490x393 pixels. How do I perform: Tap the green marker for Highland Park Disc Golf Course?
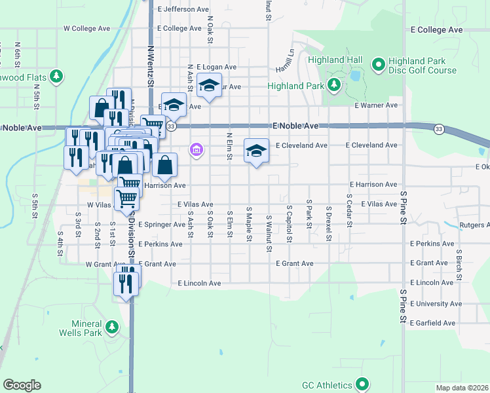point(378,64)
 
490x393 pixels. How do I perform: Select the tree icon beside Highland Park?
point(334,84)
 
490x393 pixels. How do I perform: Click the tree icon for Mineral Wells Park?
point(112,326)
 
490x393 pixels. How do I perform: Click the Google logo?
point(22,385)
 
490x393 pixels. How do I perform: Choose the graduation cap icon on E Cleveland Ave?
point(256,151)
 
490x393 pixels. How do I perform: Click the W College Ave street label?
point(86,29)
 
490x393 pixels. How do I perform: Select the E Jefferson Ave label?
point(183,9)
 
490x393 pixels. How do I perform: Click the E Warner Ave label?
point(376,105)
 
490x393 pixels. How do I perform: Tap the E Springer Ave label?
point(161,224)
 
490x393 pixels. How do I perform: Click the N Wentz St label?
point(150,65)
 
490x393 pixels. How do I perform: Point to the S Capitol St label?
point(289,223)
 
